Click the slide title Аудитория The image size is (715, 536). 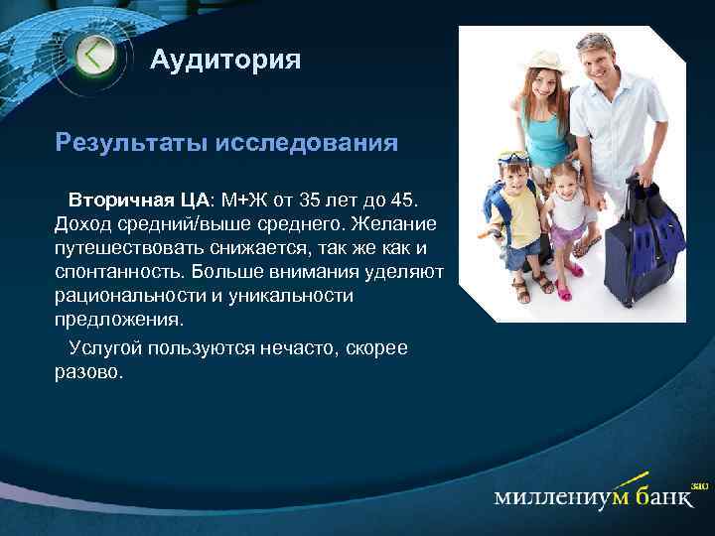[225, 62]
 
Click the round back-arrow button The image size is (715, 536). [95, 56]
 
